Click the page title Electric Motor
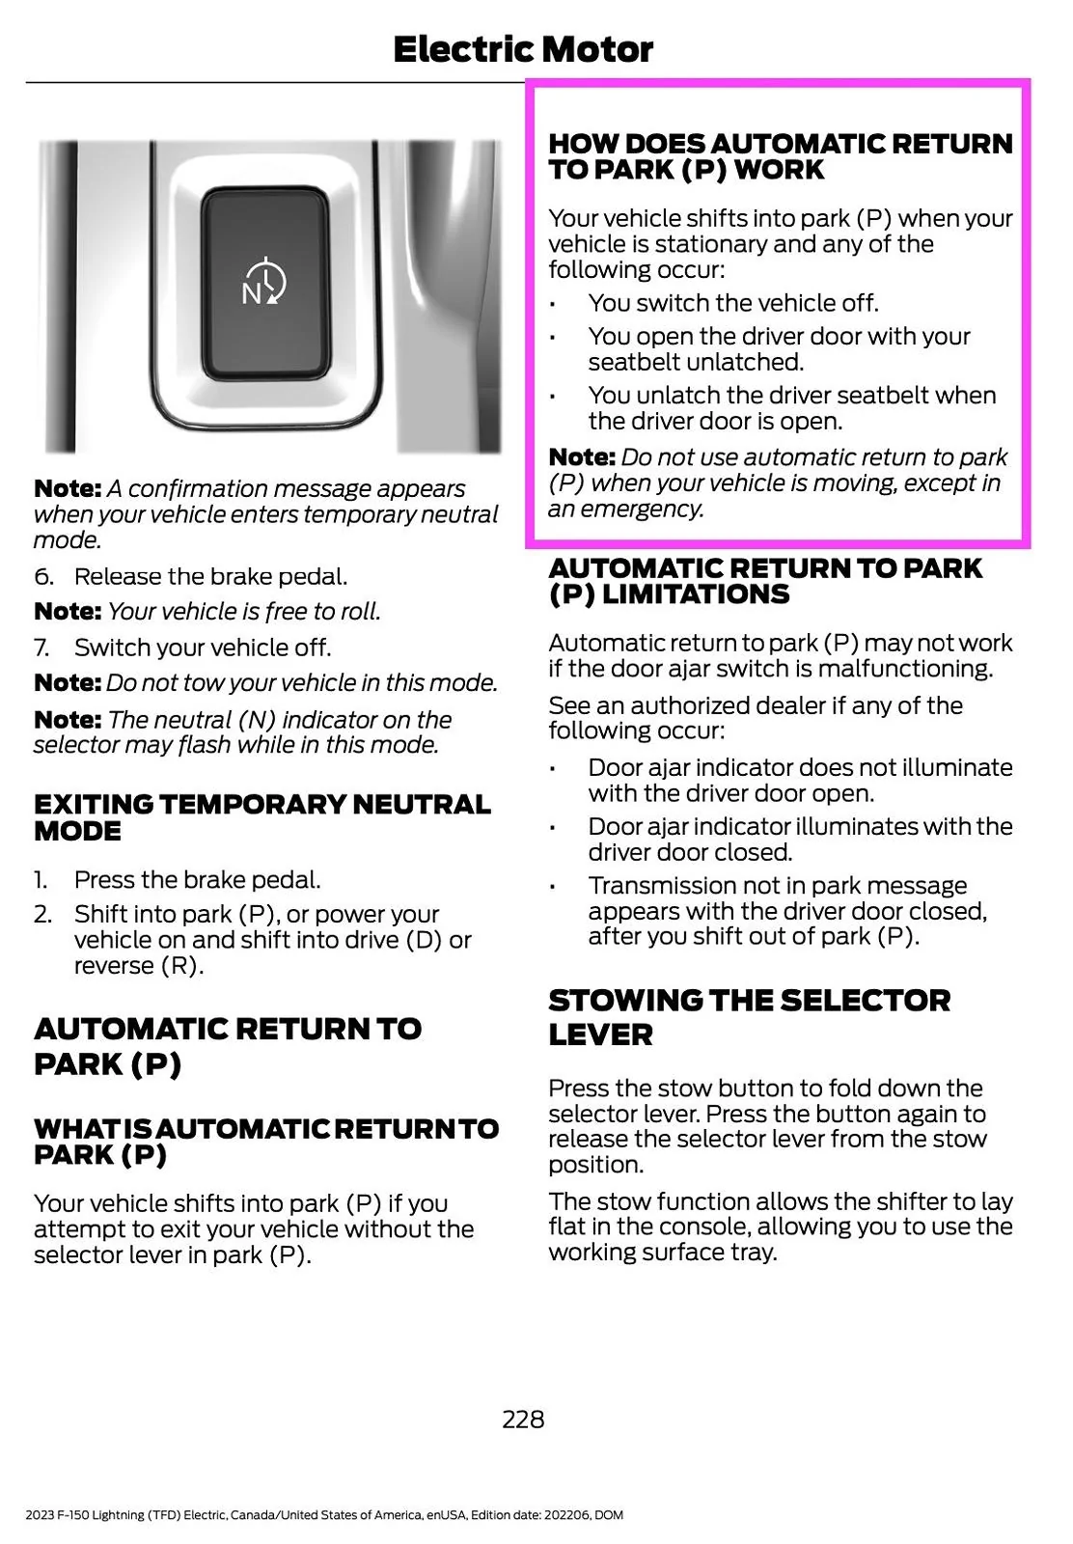(x=523, y=50)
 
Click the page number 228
(x=523, y=1419)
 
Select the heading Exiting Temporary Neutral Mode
(x=261, y=817)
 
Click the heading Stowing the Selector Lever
(x=749, y=1017)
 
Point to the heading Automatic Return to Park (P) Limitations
(x=765, y=581)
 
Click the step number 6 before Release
(x=42, y=577)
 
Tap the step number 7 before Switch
(x=42, y=648)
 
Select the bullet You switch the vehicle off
(x=732, y=303)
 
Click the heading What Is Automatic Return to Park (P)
(x=265, y=1142)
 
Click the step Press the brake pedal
(x=197, y=880)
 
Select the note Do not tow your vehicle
(x=265, y=683)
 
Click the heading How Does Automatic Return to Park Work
(x=780, y=156)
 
